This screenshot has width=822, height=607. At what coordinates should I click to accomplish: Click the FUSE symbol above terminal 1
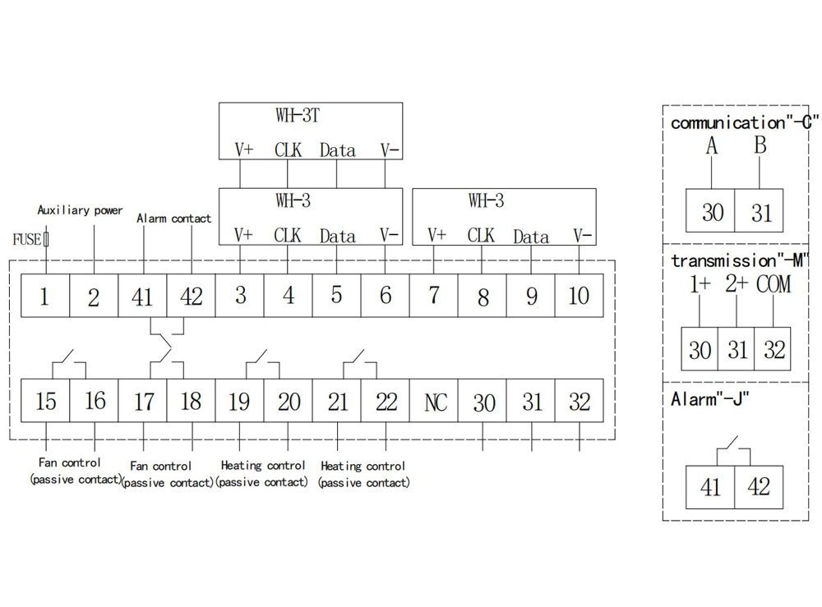click(45, 240)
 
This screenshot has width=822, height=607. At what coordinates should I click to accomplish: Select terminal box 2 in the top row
click(93, 296)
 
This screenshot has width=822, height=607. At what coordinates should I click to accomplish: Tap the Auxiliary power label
click(80, 210)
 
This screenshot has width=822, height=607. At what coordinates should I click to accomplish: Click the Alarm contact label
click(173, 218)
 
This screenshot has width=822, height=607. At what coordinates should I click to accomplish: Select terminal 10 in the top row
click(580, 296)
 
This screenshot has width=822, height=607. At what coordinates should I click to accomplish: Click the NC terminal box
click(435, 402)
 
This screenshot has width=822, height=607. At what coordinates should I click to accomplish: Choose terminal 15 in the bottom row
click(46, 402)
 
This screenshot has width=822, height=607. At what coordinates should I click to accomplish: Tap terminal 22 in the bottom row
click(386, 402)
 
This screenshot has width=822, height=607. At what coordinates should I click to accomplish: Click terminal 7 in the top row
click(434, 296)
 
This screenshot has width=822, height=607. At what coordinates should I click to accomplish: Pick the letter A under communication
click(712, 147)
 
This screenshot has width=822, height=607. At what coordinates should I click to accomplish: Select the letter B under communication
click(760, 147)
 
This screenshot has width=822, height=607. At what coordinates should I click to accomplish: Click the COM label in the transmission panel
click(774, 286)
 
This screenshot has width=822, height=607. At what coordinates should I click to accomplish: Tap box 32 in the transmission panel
click(774, 350)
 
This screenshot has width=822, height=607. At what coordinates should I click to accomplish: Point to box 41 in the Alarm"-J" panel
click(710, 486)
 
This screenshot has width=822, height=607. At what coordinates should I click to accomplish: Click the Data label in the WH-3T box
click(337, 150)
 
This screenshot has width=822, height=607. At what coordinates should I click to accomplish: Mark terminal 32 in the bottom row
click(580, 402)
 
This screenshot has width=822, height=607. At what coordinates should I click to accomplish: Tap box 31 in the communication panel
click(760, 212)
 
